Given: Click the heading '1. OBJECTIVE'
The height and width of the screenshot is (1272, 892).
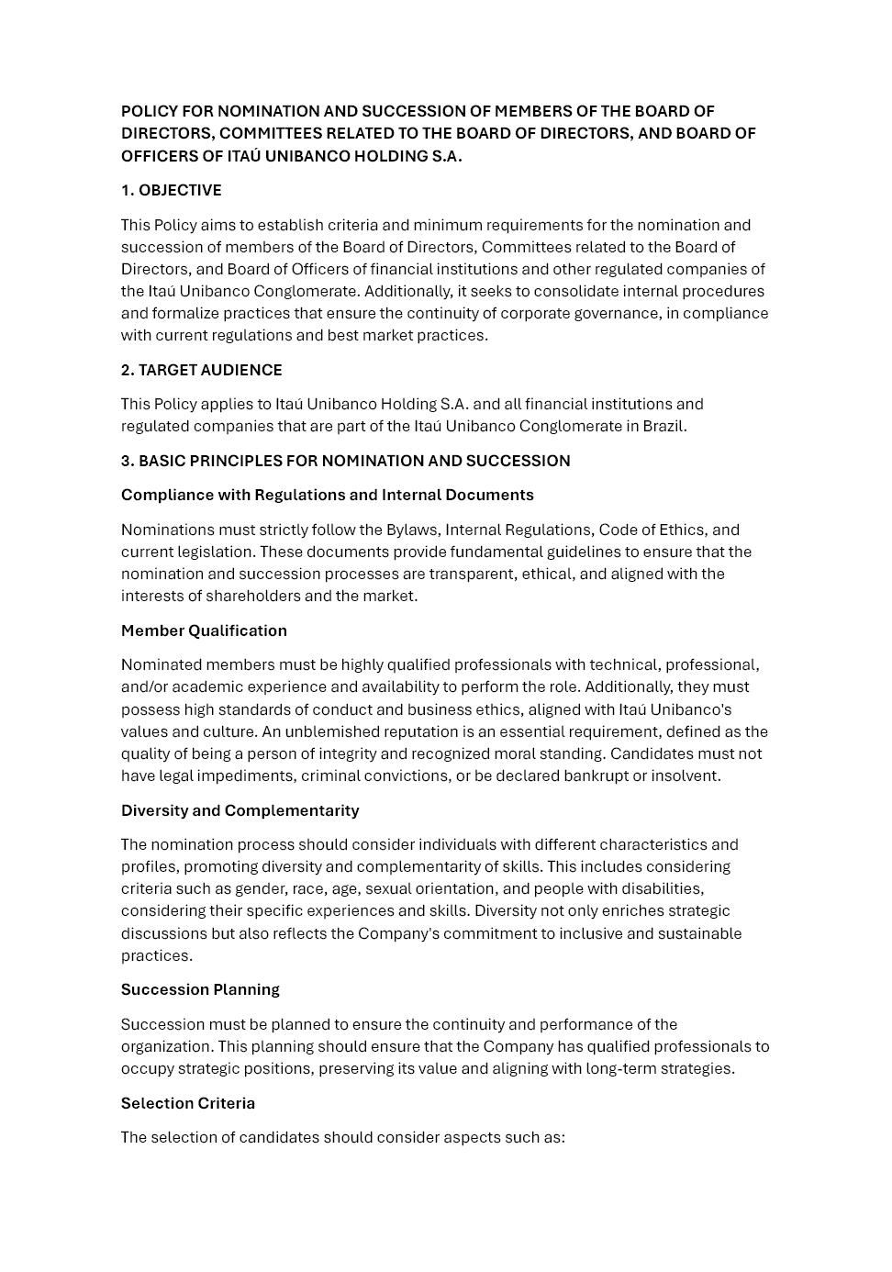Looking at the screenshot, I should click(172, 191).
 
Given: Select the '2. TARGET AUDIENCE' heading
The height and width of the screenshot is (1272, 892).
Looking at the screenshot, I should click(202, 370).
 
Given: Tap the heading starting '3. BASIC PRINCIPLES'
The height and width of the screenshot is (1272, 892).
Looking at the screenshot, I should click(345, 461).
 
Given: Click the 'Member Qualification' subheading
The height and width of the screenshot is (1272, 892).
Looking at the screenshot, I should click(204, 630).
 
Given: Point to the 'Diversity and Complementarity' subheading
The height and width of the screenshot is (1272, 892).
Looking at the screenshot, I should click(240, 810).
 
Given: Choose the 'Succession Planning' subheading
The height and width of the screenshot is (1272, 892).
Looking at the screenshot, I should click(200, 989).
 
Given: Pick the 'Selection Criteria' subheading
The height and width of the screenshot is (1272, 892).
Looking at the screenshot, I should click(188, 1103).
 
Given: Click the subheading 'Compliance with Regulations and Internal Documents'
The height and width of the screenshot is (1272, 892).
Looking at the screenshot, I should click(327, 495).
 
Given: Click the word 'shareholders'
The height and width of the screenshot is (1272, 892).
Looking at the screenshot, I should click(252, 596).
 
